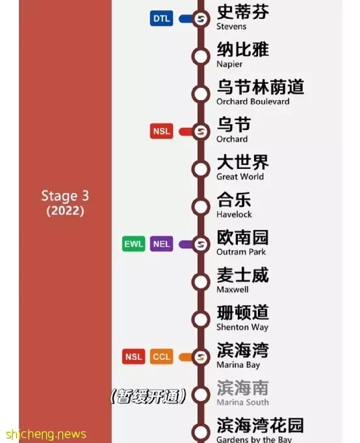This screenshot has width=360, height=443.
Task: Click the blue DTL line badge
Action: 161,19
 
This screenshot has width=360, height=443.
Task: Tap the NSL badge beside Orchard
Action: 161,131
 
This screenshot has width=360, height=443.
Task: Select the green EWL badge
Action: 134,244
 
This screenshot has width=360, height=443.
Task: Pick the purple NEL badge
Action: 161,244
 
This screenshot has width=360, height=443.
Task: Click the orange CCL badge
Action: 161,357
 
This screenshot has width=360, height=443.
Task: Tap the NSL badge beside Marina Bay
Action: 134,357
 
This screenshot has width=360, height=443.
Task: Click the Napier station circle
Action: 201,57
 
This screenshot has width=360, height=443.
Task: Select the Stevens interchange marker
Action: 201,19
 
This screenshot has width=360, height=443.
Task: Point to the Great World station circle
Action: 201,169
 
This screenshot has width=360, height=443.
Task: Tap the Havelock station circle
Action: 201,207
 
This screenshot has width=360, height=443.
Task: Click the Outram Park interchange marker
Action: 201,244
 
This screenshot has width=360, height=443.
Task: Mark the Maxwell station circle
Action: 201,282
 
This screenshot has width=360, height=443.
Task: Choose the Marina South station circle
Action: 201,394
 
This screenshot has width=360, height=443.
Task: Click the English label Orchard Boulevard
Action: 253,101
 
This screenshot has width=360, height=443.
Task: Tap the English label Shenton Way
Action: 242,327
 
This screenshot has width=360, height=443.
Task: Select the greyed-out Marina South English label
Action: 243,402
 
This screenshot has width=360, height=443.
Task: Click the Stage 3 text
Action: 65,196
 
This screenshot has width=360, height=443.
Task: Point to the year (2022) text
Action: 65,210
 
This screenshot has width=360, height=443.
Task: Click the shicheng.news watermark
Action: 45,434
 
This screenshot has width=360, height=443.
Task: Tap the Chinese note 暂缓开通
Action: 148,396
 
